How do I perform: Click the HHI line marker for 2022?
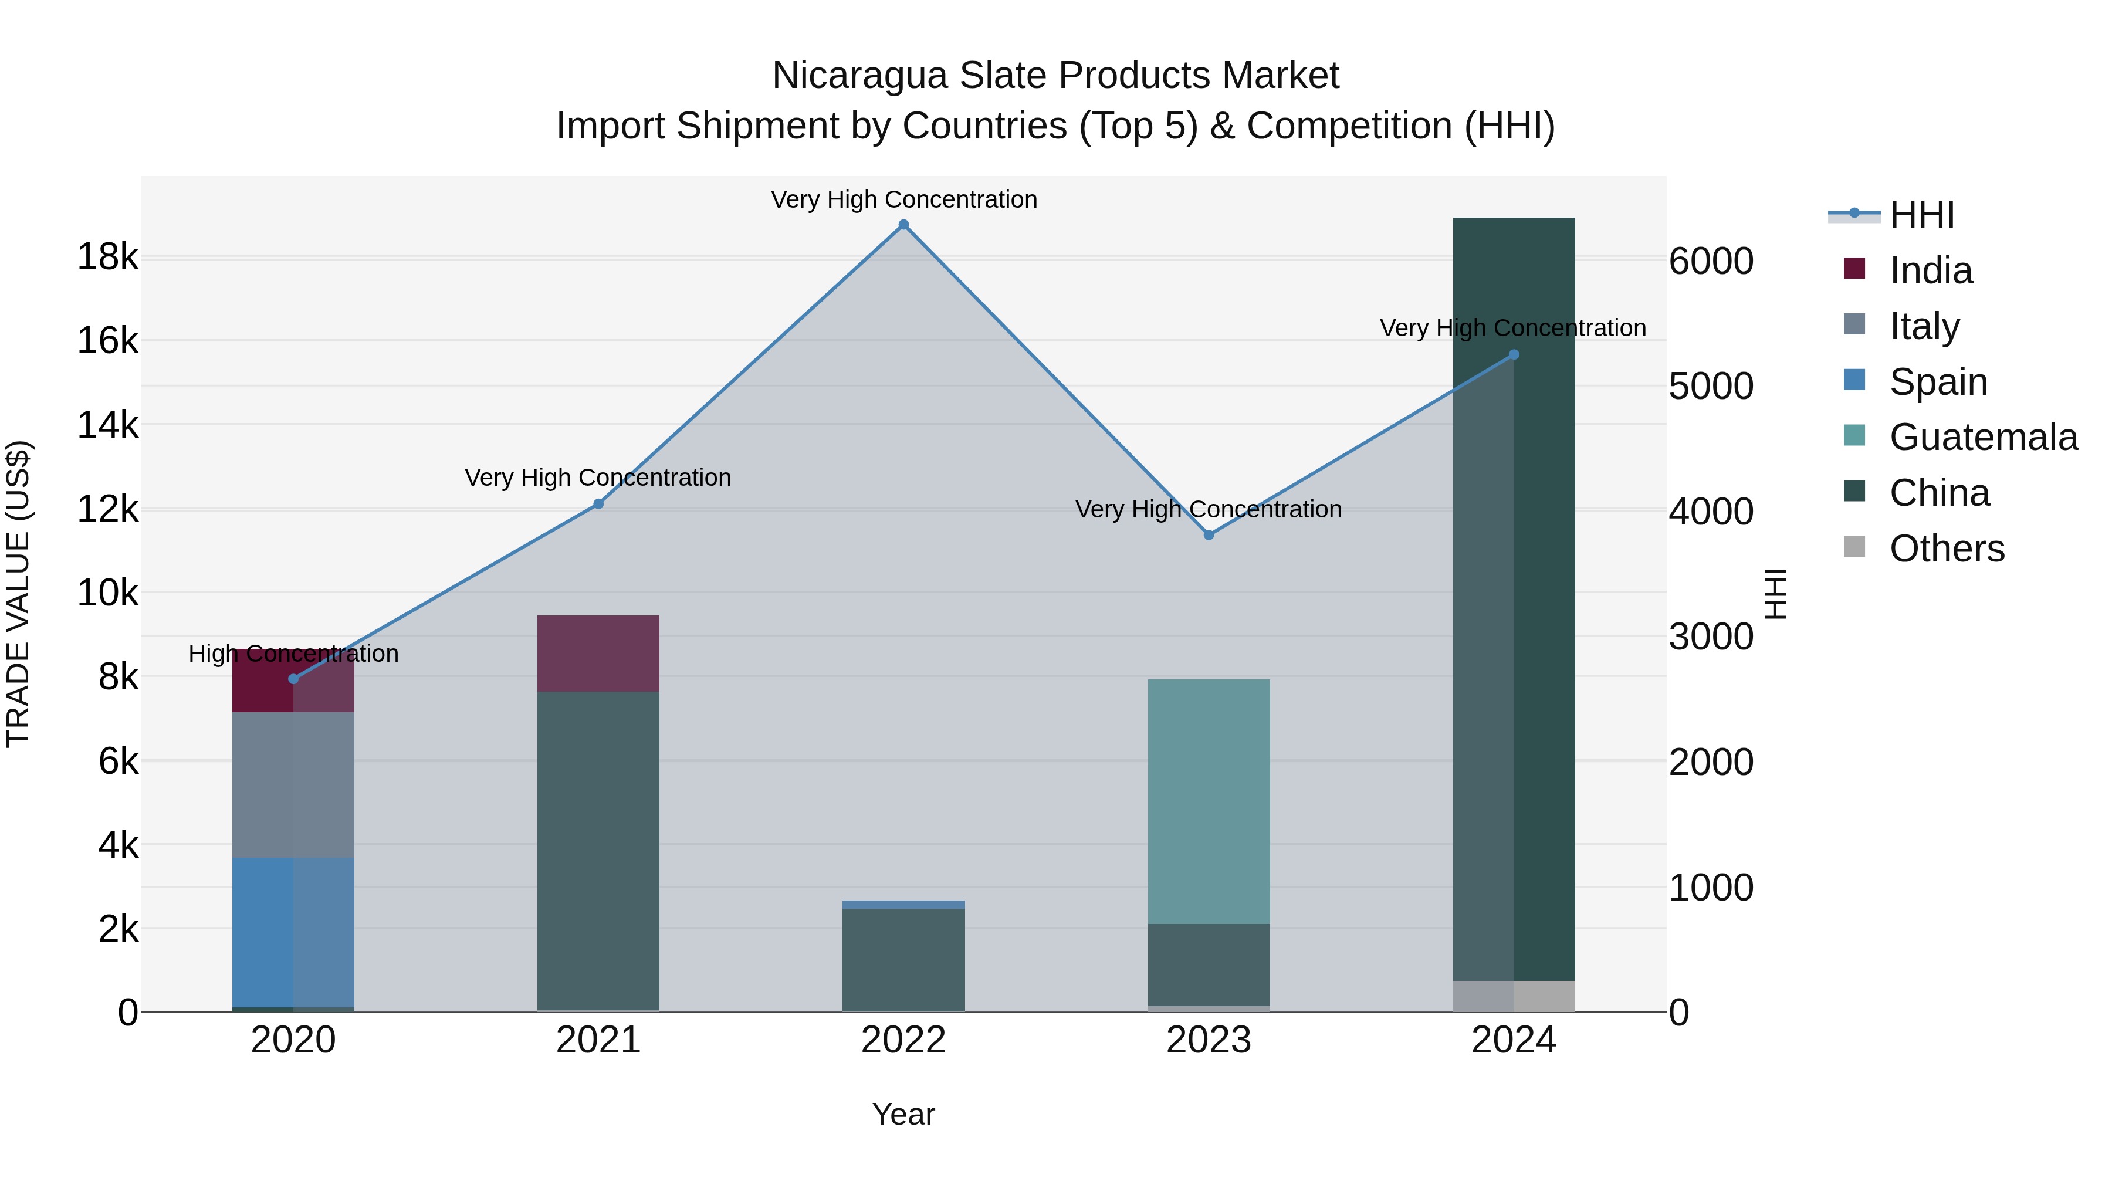[x=903, y=225]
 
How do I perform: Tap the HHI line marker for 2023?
[x=1209, y=534]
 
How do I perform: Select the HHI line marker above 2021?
[x=598, y=503]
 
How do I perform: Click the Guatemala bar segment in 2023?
[x=1209, y=801]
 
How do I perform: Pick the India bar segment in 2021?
[x=598, y=654]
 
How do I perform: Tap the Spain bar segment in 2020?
[x=293, y=932]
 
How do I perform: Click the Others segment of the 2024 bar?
[x=1514, y=996]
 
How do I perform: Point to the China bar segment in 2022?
[x=903, y=959]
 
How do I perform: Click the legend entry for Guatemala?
[x=1982, y=437]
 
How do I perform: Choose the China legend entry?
[x=1938, y=493]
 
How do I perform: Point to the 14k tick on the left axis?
[x=107, y=425]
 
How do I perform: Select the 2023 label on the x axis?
[x=1209, y=1040]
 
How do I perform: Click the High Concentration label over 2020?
[x=293, y=654]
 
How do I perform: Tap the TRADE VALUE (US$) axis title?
[x=18, y=594]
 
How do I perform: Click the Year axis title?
[x=903, y=1114]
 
